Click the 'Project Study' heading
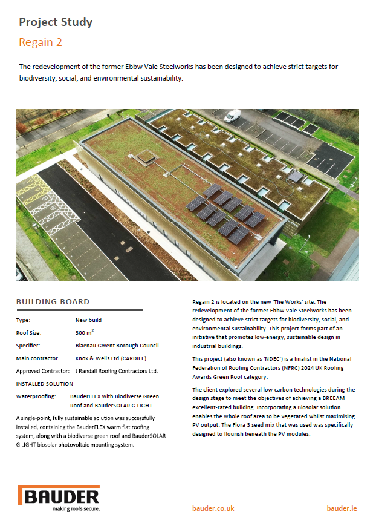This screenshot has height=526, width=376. tap(56, 22)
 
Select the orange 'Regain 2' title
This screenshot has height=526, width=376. tap(41, 42)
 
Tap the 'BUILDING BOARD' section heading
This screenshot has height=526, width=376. tap(53, 301)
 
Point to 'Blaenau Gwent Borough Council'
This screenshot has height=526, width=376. tap(117, 346)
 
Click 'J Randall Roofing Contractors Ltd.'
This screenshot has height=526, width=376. tap(116, 371)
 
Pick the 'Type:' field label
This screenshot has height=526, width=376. tap(24, 320)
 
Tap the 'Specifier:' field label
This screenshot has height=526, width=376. tap(29, 346)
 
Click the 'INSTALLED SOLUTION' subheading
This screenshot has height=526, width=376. tap(45, 384)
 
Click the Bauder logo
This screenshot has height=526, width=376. tap(59, 498)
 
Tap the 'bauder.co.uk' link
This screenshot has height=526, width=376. tap(213, 508)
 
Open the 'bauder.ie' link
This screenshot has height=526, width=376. tap(342, 508)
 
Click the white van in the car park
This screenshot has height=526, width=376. tap(233, 116)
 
